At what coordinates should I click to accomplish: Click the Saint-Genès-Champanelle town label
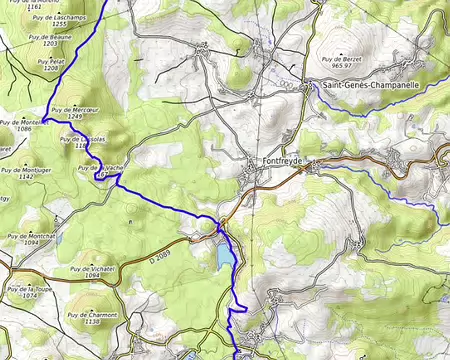[x=371, y=85]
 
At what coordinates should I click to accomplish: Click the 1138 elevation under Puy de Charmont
[x=93, y=322]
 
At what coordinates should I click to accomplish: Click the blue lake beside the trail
[x=222, y=258]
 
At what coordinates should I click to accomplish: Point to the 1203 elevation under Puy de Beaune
[x=50, y=45]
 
